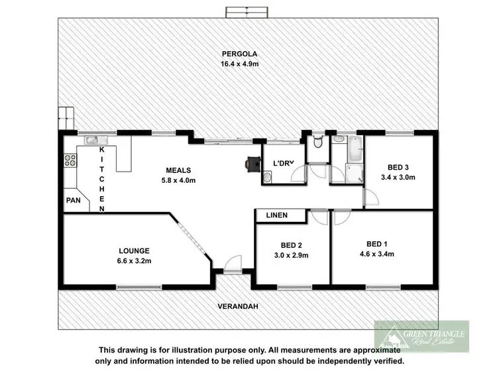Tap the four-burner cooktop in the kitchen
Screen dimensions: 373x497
point(69,160)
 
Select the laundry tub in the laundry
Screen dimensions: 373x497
point(268,177)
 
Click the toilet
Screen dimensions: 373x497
point(317,142)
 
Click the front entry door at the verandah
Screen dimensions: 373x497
point(233,263)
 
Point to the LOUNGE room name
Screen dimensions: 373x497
point(135,250)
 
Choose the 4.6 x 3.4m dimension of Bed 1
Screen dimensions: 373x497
point(376,253)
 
